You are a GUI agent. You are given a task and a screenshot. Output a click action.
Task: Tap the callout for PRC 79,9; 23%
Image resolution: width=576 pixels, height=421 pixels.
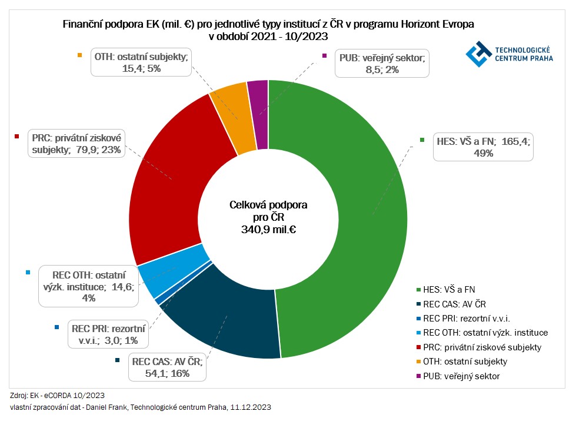click(x=76, y=144)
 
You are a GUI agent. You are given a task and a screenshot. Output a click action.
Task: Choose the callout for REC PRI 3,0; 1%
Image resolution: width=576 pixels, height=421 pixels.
click(x=107, y=334)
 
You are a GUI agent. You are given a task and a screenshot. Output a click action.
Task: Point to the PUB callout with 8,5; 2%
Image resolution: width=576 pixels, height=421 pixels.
click(x=382, y=64)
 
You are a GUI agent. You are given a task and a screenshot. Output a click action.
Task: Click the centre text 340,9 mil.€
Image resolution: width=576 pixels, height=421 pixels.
click(x=268, y=229)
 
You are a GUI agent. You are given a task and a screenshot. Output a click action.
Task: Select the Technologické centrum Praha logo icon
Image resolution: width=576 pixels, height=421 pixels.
click(x=479, y=54)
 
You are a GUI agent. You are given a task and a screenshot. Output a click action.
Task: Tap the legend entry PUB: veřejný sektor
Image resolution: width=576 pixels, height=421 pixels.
click(x=462, y=376)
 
